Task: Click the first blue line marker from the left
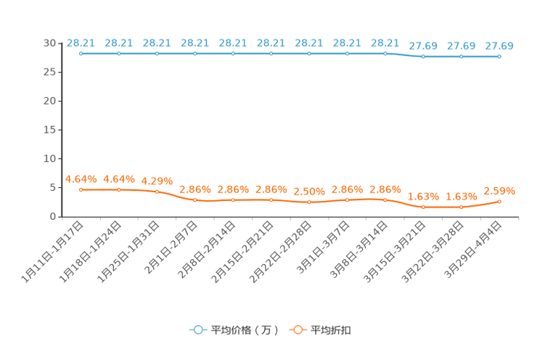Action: [81, 53]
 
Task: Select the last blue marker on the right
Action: [499, 56]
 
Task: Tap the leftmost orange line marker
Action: [81, 189]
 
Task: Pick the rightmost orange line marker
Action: [499, 201]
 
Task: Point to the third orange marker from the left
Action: [157, 192]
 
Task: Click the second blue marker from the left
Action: [119, 53]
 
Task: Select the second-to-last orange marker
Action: [461, 208]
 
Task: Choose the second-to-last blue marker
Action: [461, 56]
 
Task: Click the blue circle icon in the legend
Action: [198, 330]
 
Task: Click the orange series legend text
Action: [332, 330]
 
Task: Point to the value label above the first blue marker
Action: [81, 43]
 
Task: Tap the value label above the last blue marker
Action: [499, 46]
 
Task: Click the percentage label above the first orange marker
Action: [81, 178]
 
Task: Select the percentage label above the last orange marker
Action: [499, 192]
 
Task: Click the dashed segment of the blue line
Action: [404, 54]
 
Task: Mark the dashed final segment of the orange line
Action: [480, 205]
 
